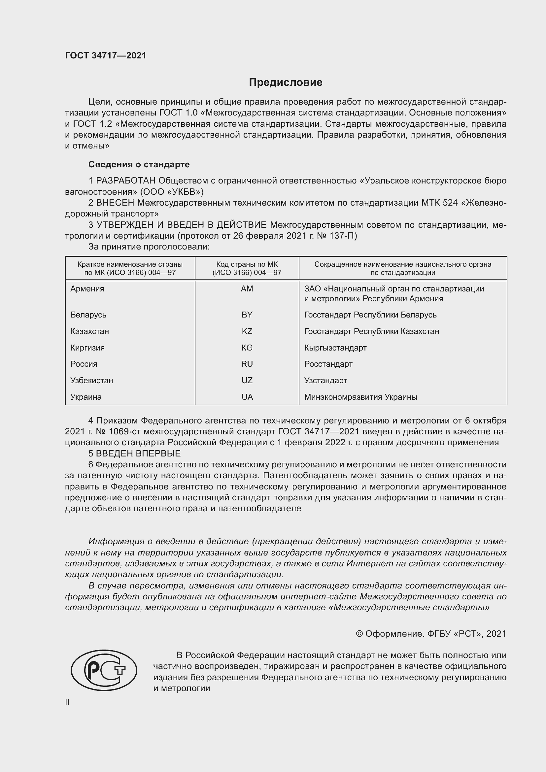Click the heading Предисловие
click(286, 83)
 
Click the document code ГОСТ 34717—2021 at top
click(106, 55)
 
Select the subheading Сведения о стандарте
click(139, 164)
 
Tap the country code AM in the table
click(247, 288)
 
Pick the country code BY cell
click(247, 315)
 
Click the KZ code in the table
click(247, 331)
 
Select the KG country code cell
click(247, 348)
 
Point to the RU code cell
click(247, 364)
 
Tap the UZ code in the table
click(247, 380)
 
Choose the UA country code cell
click(247, 397)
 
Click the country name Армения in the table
click(87, 288)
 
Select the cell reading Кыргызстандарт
click(335, 348)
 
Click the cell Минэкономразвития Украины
click(360, 397)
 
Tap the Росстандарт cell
click(328, 364)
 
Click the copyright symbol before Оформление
click(359, 634)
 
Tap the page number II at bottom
click(67, 702)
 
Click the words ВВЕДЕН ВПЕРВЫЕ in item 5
click(138, 453)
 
